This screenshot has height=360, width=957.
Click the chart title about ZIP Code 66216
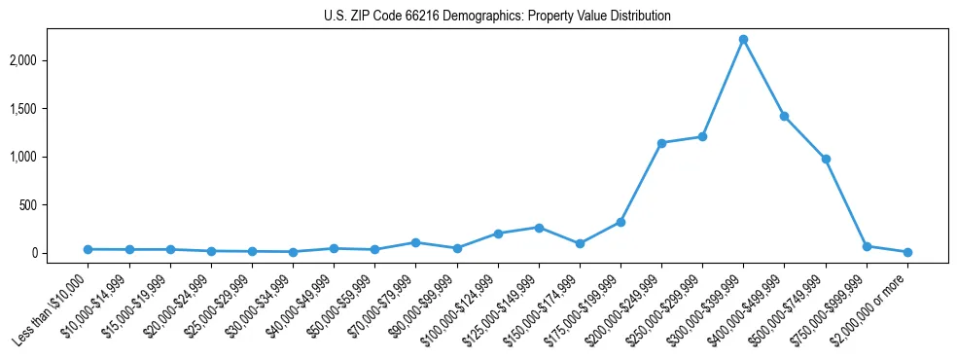tap(497, 17)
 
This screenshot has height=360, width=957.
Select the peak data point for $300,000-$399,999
tap(743, 40)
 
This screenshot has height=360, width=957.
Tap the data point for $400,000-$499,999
tap(784, 117)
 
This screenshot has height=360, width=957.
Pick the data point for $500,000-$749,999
tap(826, 159)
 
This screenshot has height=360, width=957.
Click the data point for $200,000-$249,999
tap(661, 143)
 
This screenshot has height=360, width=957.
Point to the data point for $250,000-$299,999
tap(702, 136)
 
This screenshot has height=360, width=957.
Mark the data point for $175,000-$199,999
tap(620, 222)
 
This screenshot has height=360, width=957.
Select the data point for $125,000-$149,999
tap(539, 228)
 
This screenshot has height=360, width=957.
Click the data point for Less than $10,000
tap(88, 249)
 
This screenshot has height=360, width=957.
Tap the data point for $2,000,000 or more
tap(907, 252)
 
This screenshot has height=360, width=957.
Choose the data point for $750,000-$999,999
tap(867, 246)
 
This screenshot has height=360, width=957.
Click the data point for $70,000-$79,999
tap(415, 242)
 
